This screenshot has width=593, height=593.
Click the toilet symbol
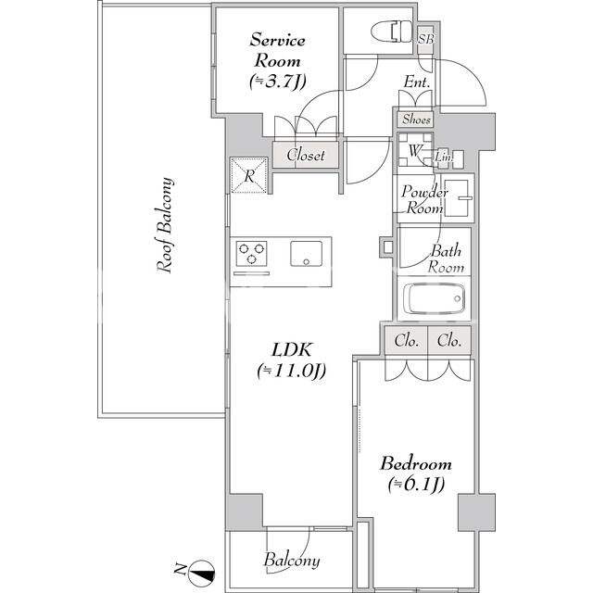click(x=392, y=31)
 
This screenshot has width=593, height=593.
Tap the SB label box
click(x=425, y=38)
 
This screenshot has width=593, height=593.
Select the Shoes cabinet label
click(x=416, y=120)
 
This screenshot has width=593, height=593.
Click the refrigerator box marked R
click(x=249, y=175)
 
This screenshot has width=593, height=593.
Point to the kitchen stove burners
click(x=251, y=253)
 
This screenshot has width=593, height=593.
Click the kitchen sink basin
click(x=307, y=254)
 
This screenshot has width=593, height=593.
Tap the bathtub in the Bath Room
click(x=434, y=298)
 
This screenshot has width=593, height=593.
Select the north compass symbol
click(x=202, y=571)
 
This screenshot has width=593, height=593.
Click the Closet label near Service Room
click(x=306, y=155)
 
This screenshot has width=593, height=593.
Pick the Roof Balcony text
click(x=165, y=224)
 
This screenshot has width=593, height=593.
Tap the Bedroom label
click(x=416, y=463)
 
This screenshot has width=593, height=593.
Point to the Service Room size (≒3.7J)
click(x=278, y=82)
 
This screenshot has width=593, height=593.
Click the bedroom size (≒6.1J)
click(x=416, y=484)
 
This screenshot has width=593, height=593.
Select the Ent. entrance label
click(x=417, y=82)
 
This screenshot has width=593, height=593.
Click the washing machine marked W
click(x=415, y=150)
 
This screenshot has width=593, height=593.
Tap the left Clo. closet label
click(x=407, y=341)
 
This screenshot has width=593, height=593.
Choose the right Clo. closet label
click(x=449, y=341)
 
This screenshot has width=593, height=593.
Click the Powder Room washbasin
click(x=457, y=197)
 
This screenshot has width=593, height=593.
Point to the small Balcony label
click(x=292, y=560)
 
